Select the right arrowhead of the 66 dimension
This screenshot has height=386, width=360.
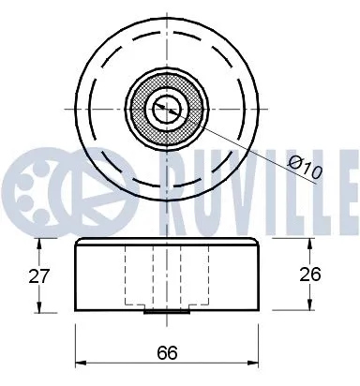[258, 364]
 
